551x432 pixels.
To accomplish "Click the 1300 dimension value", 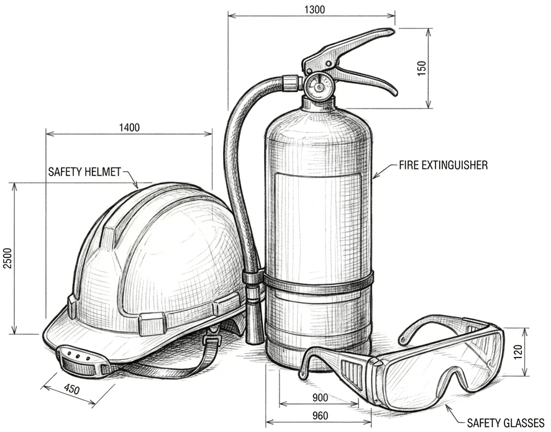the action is click(x=314, y=9).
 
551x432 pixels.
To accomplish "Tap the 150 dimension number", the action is click(x=421, y=68).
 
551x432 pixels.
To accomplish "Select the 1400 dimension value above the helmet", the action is click(x=129, y=127).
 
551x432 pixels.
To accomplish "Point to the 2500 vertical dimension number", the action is click(x=7, y=258).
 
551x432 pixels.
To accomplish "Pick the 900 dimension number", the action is click(x=320, y=398).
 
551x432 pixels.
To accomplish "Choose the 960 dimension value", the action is click(x=320, y=416).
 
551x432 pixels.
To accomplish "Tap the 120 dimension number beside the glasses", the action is click(x=518, y=351).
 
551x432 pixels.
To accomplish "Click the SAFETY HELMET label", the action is click(x=84, y=172).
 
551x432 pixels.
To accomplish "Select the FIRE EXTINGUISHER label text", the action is click(x=443, y=165).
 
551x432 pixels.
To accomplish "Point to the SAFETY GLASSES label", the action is click(x=505, y=422).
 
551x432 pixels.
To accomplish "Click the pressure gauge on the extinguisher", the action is click(x=318, y=86).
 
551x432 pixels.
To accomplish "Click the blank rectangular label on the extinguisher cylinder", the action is click(x=318, y=225).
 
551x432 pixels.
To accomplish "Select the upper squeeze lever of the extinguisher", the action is click(x=348, y=47).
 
